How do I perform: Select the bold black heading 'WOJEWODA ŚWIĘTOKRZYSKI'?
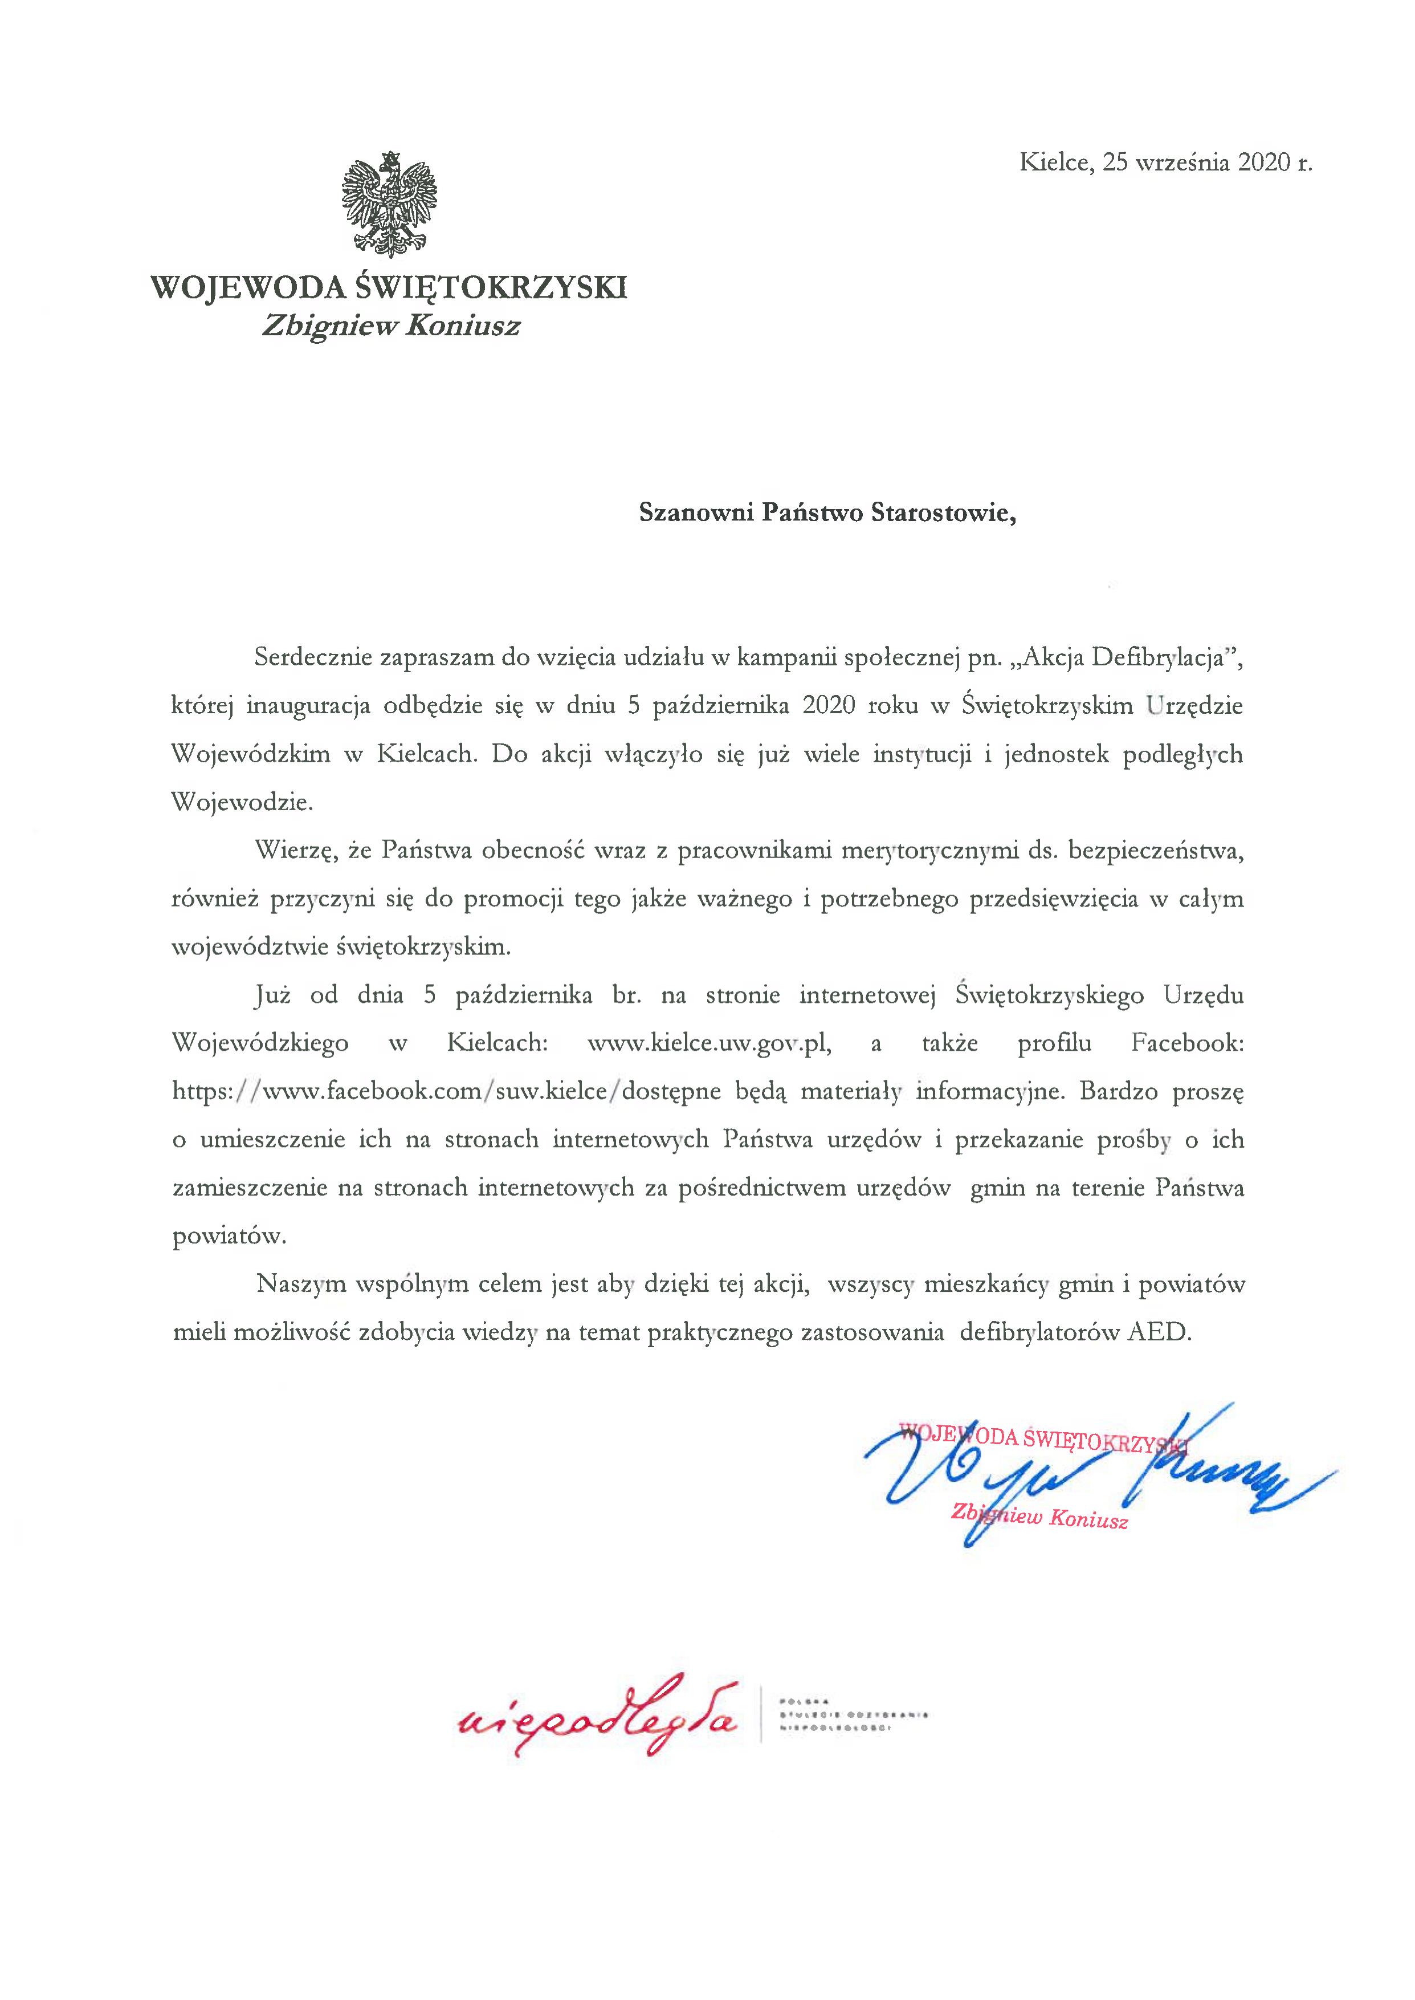389,287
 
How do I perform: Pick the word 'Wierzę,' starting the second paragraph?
295,851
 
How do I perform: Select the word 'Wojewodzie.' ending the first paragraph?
242,803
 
